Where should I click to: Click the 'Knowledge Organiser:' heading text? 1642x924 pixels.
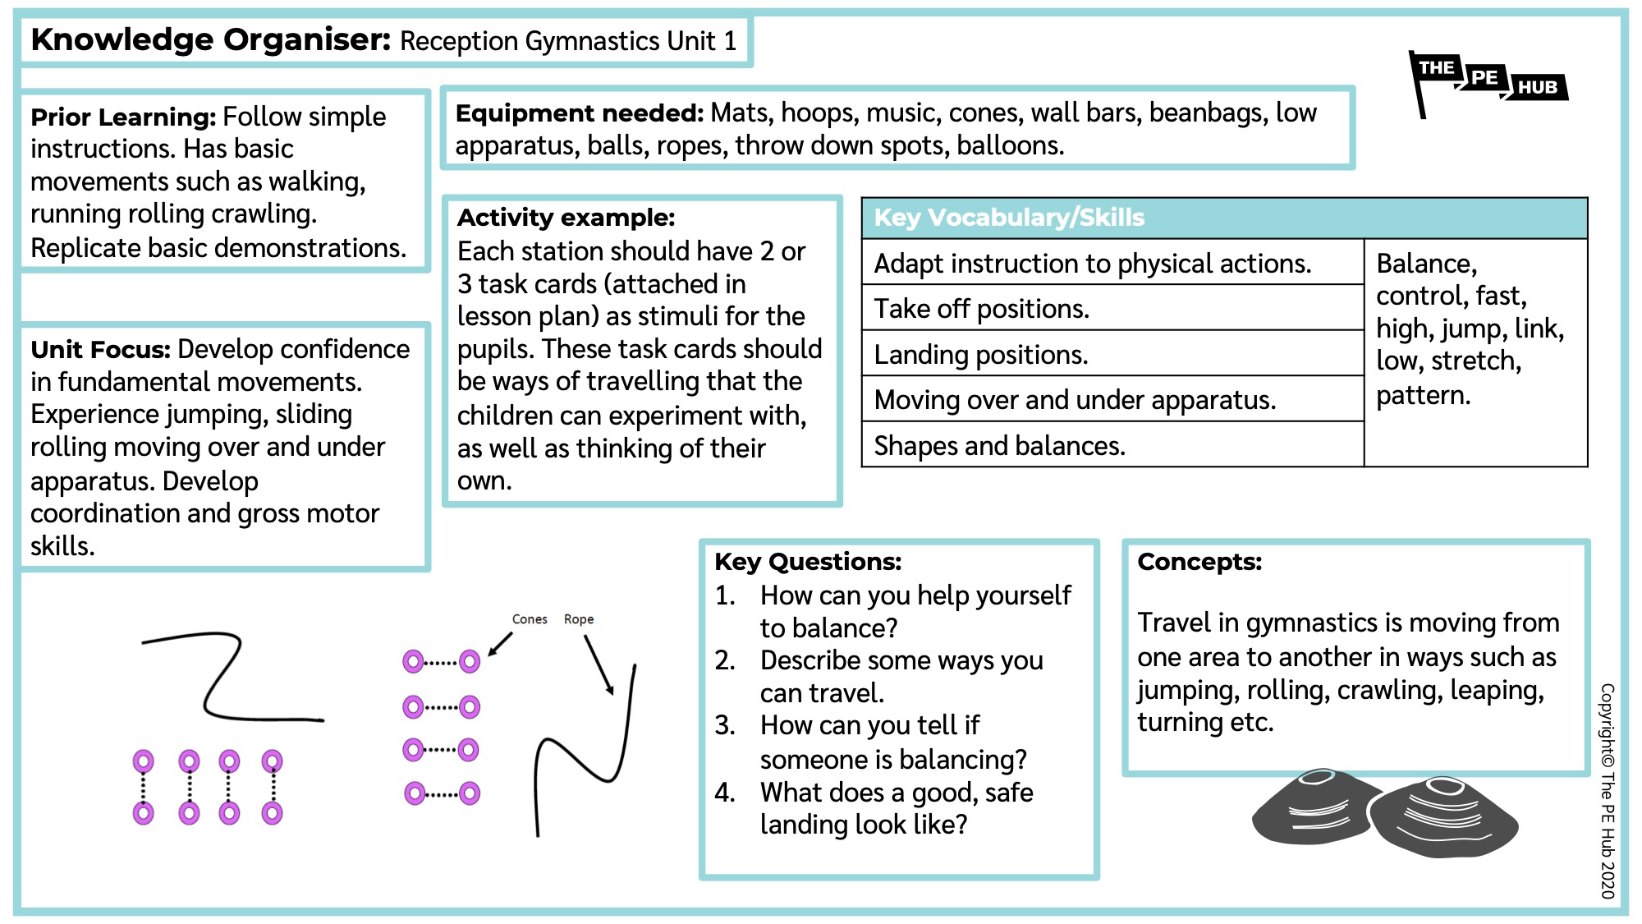(x=210, y=39)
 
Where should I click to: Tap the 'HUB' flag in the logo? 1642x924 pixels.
(x=1537, y=87)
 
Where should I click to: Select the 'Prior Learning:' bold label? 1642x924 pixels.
(x=123, y=117)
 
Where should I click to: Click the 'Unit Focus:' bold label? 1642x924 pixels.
(x=100, y=350)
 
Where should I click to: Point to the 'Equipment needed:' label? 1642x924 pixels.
(x=579, y=113)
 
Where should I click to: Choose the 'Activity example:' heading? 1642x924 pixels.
(x=566, y=218)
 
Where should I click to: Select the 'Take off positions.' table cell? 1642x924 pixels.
(x=981, y=309)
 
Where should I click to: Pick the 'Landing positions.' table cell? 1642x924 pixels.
(x=980, y=355)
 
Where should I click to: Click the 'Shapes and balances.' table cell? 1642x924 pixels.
(x=999, y=446)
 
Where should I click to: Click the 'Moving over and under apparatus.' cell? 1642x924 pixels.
(x=1074, y=400)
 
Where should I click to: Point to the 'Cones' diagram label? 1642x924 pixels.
(x=530, y=619)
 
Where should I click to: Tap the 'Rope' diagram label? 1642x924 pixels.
(x=579, y=619)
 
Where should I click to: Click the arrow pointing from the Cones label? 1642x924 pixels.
(x=500, y=644)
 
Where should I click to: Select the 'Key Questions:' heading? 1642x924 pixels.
(x=808, y=562)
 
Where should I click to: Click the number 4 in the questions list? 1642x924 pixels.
(x=724, y=793)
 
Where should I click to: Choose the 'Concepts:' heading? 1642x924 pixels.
(x=1199, y=562)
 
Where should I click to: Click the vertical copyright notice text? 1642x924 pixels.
(x=1608, y=790)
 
